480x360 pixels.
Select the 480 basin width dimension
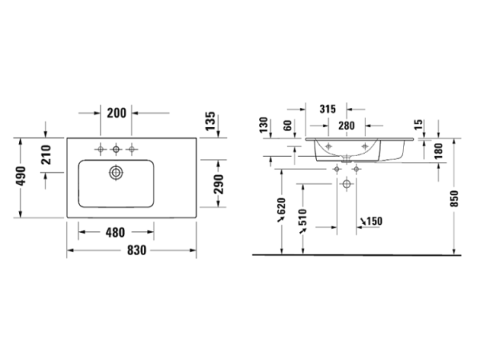(114, 233)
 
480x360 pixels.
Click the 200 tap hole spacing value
(117, 113)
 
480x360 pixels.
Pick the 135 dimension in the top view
(210, 122)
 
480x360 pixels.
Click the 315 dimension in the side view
(326, 108)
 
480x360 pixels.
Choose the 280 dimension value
(346, 125)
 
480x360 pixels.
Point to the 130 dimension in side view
(263, 126)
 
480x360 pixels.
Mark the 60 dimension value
(287, 126)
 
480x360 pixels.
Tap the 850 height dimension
(454, 197)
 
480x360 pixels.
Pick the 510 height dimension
(302, 218)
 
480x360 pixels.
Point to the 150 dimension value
(371, 222)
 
